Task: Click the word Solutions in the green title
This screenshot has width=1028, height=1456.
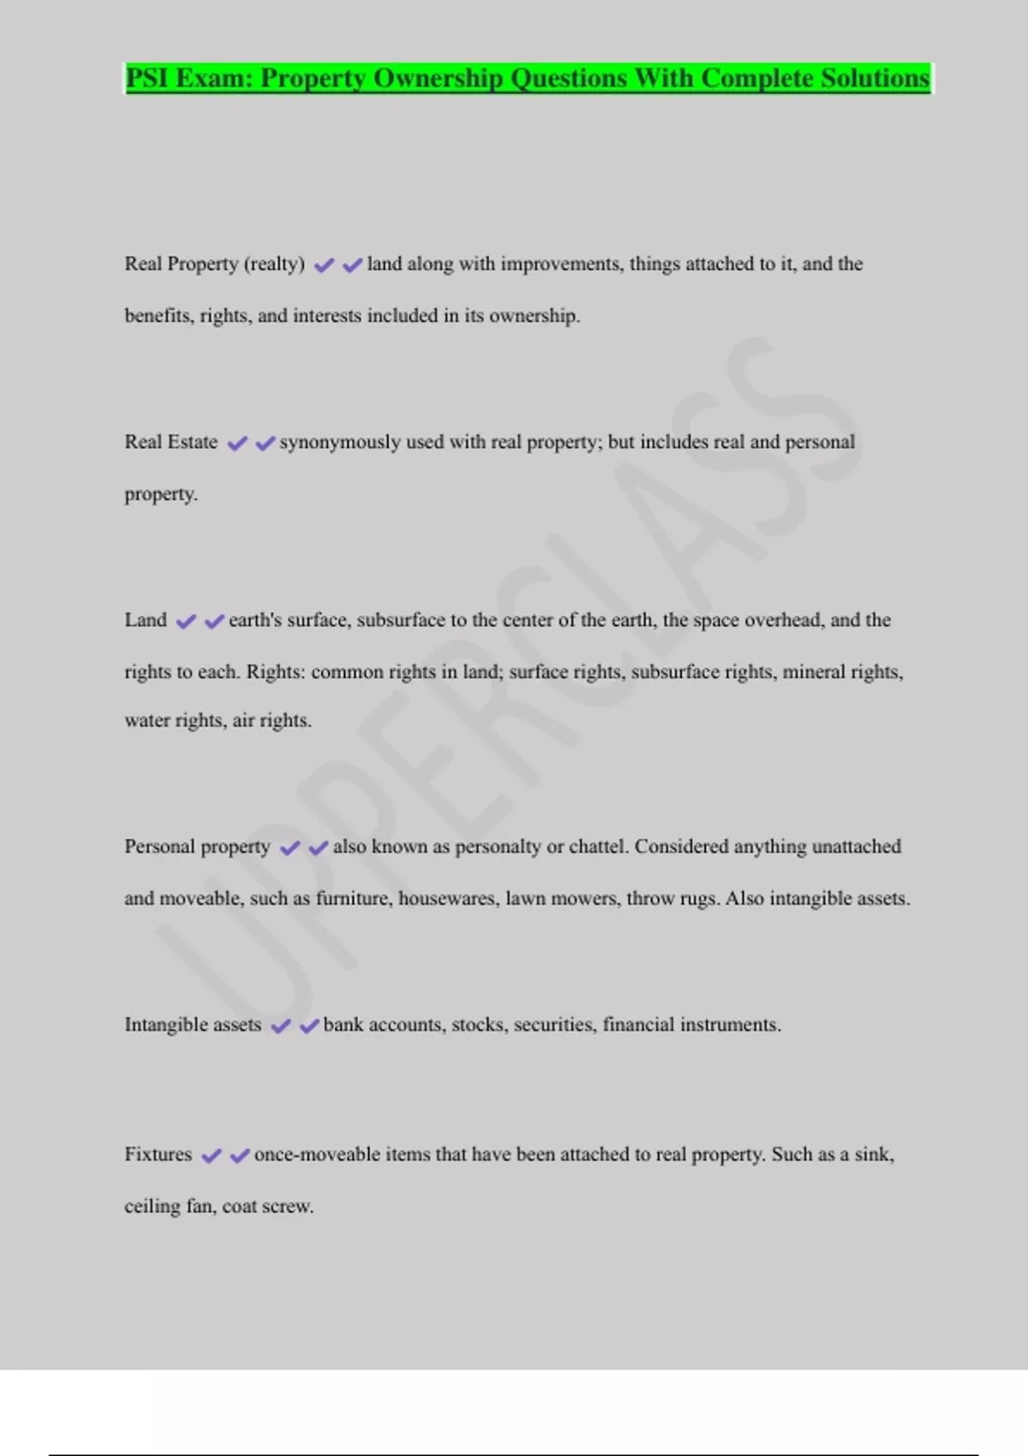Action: (x=875, y=78)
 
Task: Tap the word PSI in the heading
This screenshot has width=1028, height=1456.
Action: (x=146, y=78)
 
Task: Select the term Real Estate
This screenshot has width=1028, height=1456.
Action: (x=171, y=442)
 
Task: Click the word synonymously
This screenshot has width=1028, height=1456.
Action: (x=340, y=442)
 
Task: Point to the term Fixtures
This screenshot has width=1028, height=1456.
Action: (x=158, y=1155)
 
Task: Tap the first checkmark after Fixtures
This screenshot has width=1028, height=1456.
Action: (x=211, y=1156)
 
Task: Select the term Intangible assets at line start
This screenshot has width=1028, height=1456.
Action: (x=193, y=1025)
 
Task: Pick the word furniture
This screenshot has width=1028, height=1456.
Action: (x=352, y=898)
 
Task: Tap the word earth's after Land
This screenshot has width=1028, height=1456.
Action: (x=255, y=620)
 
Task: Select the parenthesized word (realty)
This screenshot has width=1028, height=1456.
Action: (x=274, y=264)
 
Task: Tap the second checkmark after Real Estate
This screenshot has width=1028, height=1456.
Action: (x=265, y=444)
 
